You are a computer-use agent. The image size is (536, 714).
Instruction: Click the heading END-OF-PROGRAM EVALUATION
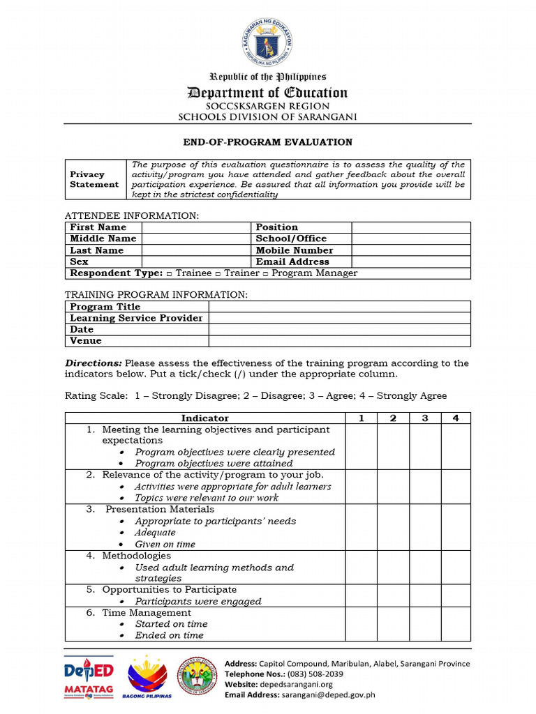pos(268,142)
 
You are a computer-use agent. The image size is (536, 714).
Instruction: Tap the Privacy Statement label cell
pos(94,179)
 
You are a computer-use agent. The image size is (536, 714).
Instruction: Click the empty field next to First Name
pos(196,227)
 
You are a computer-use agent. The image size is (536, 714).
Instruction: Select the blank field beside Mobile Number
pos(410,250)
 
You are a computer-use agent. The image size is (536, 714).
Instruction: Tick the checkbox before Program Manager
pos(268,273)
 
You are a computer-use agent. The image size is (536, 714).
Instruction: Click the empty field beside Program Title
pos(339,307)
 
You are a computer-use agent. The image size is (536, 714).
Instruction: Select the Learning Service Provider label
pos(136,318)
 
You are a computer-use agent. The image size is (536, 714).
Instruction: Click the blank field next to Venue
pos(339,341)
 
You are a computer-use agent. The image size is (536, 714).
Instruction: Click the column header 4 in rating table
pos(456,418)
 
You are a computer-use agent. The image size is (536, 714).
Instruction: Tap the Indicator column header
pos(205,418)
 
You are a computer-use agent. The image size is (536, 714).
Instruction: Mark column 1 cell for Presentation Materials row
pos(362,526)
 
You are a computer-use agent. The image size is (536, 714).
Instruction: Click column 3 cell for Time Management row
pos(425,624)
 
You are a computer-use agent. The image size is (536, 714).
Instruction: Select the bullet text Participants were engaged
pos(198,601)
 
